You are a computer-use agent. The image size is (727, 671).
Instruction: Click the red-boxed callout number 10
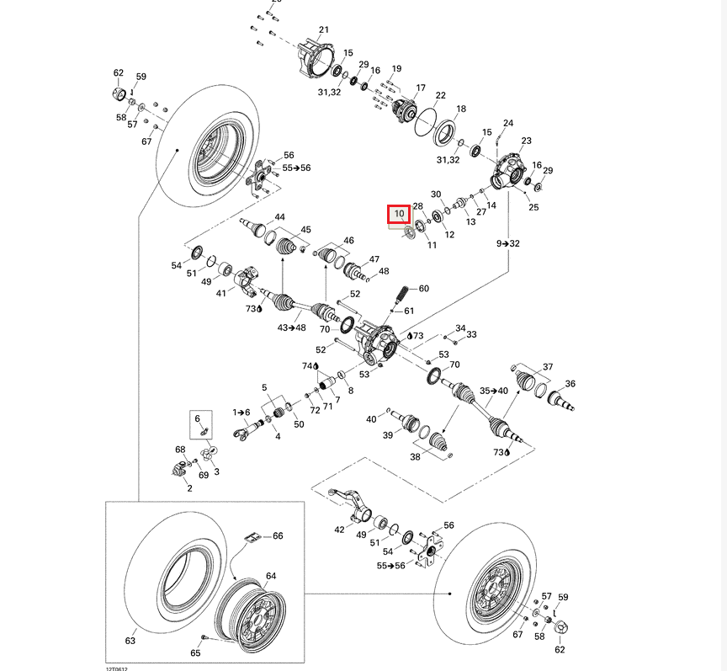click(x=399, y=215)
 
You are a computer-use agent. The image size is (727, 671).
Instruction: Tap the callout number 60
click(x=423, y=289)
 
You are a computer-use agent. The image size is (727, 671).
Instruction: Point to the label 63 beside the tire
click(x=130, y=641)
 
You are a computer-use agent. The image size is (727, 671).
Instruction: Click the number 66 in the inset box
click(x=278, y=535)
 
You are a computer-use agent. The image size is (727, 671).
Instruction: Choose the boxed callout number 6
click(x=198, y=419)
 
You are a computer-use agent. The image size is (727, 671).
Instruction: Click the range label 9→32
click(x=508, y=243)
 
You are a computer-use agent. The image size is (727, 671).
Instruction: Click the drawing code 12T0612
click(x=117, y=666)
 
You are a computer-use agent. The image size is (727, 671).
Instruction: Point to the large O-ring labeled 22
click(x=426, y=118)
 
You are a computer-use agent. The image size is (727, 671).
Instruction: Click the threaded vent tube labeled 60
click(x=402, y=296)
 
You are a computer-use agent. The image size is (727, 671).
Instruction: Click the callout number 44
click(x=279, y=217)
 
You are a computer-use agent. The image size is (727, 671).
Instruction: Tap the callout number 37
click(x=548, y=367)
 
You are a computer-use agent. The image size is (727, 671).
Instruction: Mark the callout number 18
click(x=460, y=109)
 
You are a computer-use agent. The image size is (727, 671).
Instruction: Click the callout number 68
click(x=180, y=450)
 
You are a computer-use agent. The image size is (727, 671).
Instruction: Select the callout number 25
click(x=533, y=207)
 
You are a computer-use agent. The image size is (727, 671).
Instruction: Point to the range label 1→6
click(x=242, y=412)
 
